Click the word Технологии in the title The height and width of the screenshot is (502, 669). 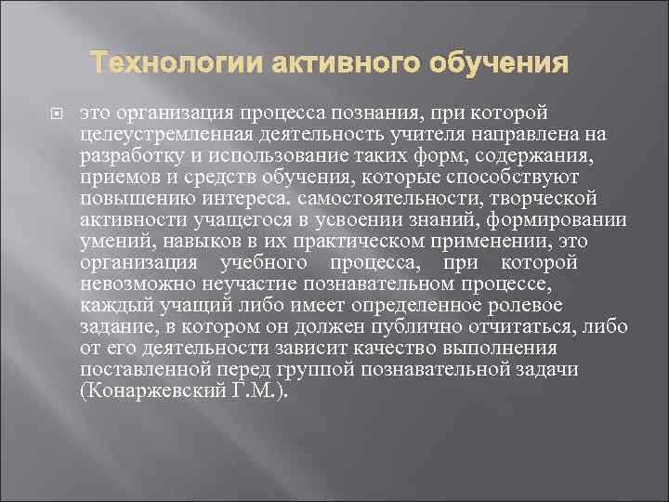[176, 65]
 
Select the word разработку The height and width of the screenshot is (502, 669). [135, 155]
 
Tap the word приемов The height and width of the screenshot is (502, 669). [116, 177]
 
